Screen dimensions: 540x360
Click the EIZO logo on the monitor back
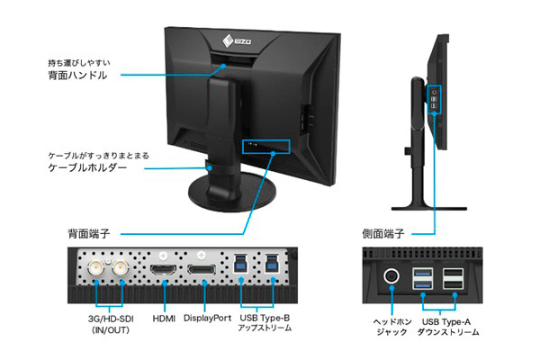click(237, 41)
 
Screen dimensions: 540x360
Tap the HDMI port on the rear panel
click(163, 269)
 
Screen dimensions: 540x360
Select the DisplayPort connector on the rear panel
click(202, 269)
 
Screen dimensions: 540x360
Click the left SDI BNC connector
click(95, 267)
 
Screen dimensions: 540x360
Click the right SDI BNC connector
click(121, 267)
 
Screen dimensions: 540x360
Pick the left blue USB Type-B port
click(240, 264)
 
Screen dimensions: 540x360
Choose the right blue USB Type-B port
click(272, 264)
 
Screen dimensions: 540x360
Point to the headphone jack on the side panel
click(391, 275)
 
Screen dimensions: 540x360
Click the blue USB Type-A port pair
click(423, 278)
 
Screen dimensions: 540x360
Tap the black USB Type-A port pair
click(453, 278)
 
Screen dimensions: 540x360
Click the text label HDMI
click(164, 319)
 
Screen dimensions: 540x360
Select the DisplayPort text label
click(207, 318)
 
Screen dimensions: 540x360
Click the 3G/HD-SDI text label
click(111, 319)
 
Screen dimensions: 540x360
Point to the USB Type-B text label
click(265, 318)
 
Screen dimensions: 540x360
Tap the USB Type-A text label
click(446, 322)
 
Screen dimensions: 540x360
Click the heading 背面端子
click(89, 234)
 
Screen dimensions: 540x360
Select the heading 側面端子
click(383, 234)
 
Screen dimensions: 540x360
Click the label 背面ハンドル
click(77, 75)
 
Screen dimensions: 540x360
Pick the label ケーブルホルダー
click(87, 167)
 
